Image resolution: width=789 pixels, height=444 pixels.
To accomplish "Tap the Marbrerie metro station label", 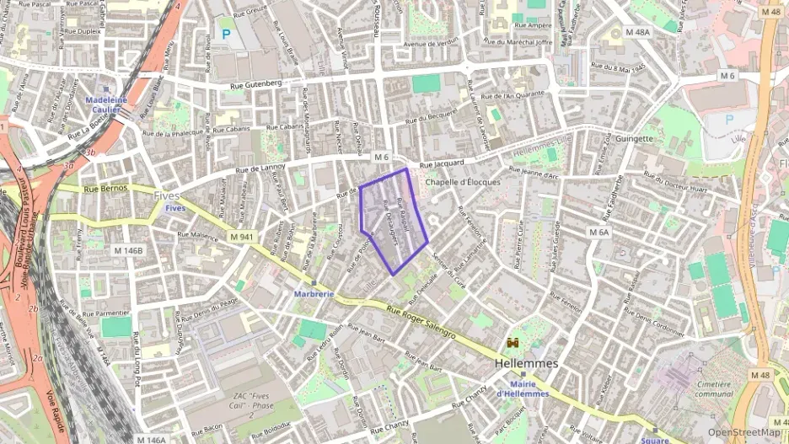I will (314, 294).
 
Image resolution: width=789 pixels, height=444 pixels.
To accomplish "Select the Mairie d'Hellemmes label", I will (522, 389).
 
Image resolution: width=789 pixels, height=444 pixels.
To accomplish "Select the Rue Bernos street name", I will (109, 188).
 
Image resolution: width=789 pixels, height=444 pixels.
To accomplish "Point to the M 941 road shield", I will (241, 237).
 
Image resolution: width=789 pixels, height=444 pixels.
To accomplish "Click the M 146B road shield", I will (128, 250).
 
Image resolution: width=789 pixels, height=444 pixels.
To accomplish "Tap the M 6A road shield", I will (598, 232).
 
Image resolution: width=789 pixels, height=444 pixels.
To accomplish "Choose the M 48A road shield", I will (638, 32).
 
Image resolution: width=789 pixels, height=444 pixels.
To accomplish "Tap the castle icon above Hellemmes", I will (512, 344).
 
